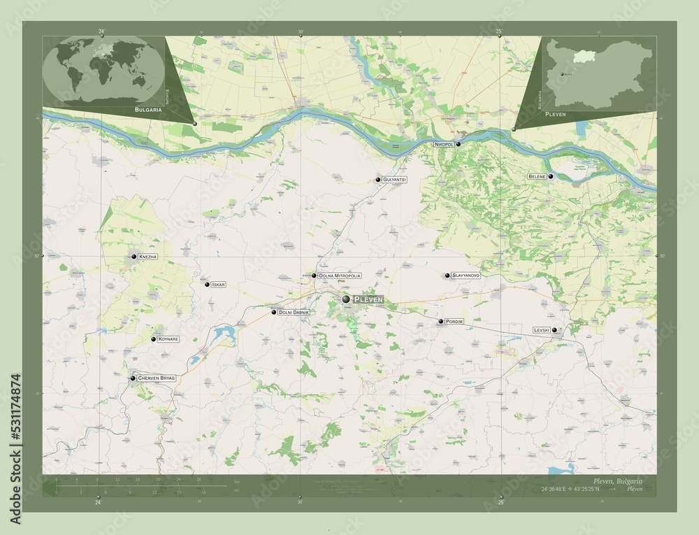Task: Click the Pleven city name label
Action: pyautogui.click(x=368, y=299)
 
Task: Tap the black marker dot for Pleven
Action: pyautogui.click(x=346, y=299)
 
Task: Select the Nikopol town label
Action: pyautogui.click(x=444, y=144)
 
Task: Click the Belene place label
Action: pyautogui.click(x=537, y=177)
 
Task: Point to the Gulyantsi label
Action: pyautogui.click(x=395, y=180)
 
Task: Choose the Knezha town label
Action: pyautogui.click(x=148, y=257)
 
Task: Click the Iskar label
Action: pyautogui.click(x=219, y=285)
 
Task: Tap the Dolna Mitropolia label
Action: pyautogui.click(x=340, y=276)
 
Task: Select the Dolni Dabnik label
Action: pyautogui.click(x=294, y=312)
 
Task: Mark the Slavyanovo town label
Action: pyautogui.click(x=466, y=276)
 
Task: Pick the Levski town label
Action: pyautogui.click(x=542, y=330)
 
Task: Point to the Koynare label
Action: pyautogui.click(x=168, y=339)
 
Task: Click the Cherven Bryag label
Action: pyautogui.click(x=157, y=378)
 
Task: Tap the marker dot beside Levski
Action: pyautogui.click(x=554, y=330)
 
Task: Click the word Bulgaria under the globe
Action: pyautogui.click(x=149, y=110)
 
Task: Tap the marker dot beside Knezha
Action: pyautogui.click(x=134, y=257)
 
